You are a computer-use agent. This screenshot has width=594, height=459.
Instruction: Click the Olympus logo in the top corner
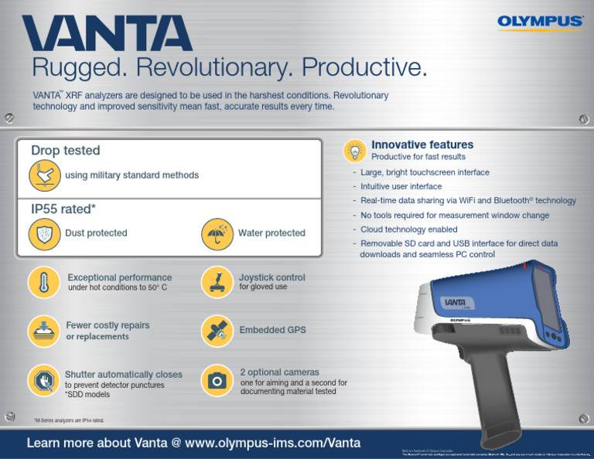pos(541,21)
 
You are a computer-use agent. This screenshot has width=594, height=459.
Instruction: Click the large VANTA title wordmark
pos(108,35)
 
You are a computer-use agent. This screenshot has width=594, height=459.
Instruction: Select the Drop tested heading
pos(65,150)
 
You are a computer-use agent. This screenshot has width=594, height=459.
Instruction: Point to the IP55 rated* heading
pos(63,209)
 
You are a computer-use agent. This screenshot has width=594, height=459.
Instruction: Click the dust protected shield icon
pos(45,233)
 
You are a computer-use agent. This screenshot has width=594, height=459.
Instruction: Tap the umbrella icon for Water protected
pos(218,233)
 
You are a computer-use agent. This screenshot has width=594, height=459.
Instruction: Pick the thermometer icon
pos(45,281)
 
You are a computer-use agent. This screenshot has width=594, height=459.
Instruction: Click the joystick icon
pos(218,281)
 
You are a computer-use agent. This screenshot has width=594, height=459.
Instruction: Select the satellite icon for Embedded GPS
pos(218,330)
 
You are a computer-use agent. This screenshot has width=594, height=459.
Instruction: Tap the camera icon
pos(218,379)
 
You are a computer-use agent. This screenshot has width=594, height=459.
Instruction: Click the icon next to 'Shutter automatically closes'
pos(45,379)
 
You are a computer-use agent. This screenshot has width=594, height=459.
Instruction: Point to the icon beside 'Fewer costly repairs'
pos(45,330)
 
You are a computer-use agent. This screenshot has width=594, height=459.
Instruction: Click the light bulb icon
pos(355,150)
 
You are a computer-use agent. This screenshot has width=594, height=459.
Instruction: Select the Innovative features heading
pos(422,144)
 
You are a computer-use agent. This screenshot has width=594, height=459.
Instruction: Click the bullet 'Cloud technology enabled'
pos(408,229)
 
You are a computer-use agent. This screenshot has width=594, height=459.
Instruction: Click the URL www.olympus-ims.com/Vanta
pos(276,443)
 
